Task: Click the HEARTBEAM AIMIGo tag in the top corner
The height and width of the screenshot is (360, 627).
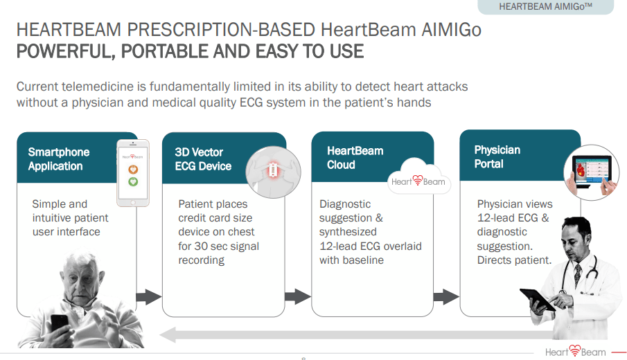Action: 545,7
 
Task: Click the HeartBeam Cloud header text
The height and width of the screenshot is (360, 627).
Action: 355,158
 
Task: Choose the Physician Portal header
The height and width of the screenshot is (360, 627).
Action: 498,157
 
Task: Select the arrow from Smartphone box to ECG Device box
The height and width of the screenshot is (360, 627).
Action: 148,297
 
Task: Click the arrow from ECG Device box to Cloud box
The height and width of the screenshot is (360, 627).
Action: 297,297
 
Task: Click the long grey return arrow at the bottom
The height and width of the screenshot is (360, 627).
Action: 346,336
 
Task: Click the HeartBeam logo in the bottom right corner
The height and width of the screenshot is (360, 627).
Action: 576,352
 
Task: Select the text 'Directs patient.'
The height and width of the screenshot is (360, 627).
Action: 514,260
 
